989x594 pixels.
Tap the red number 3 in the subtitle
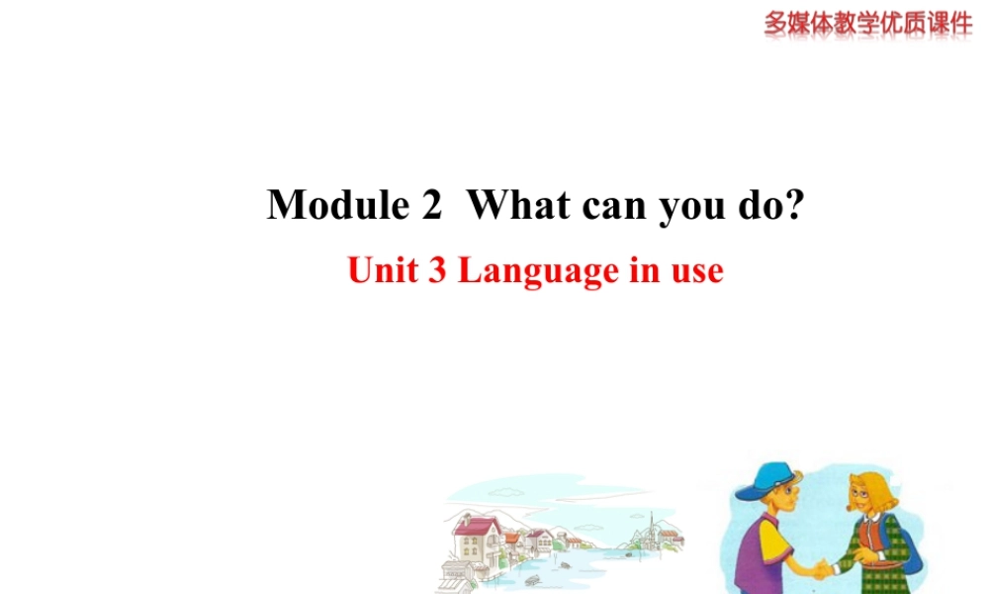tap(437, 270)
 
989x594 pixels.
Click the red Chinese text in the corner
tap(868, 23)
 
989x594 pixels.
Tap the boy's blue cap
tap(764, 482)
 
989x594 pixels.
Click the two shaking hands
tap(820, 569)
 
